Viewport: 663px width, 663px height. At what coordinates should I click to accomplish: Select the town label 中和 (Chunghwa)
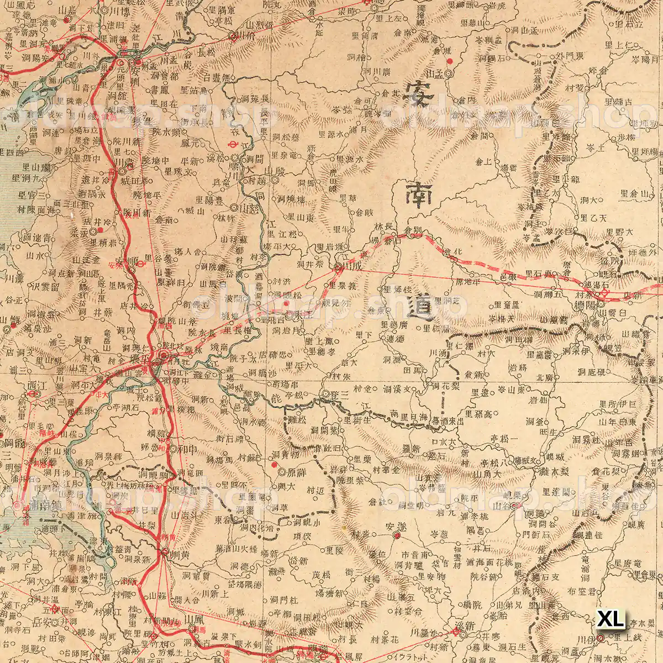tap(184, 449)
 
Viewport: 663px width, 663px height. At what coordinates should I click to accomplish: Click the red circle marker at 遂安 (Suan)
tap(396, 535)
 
